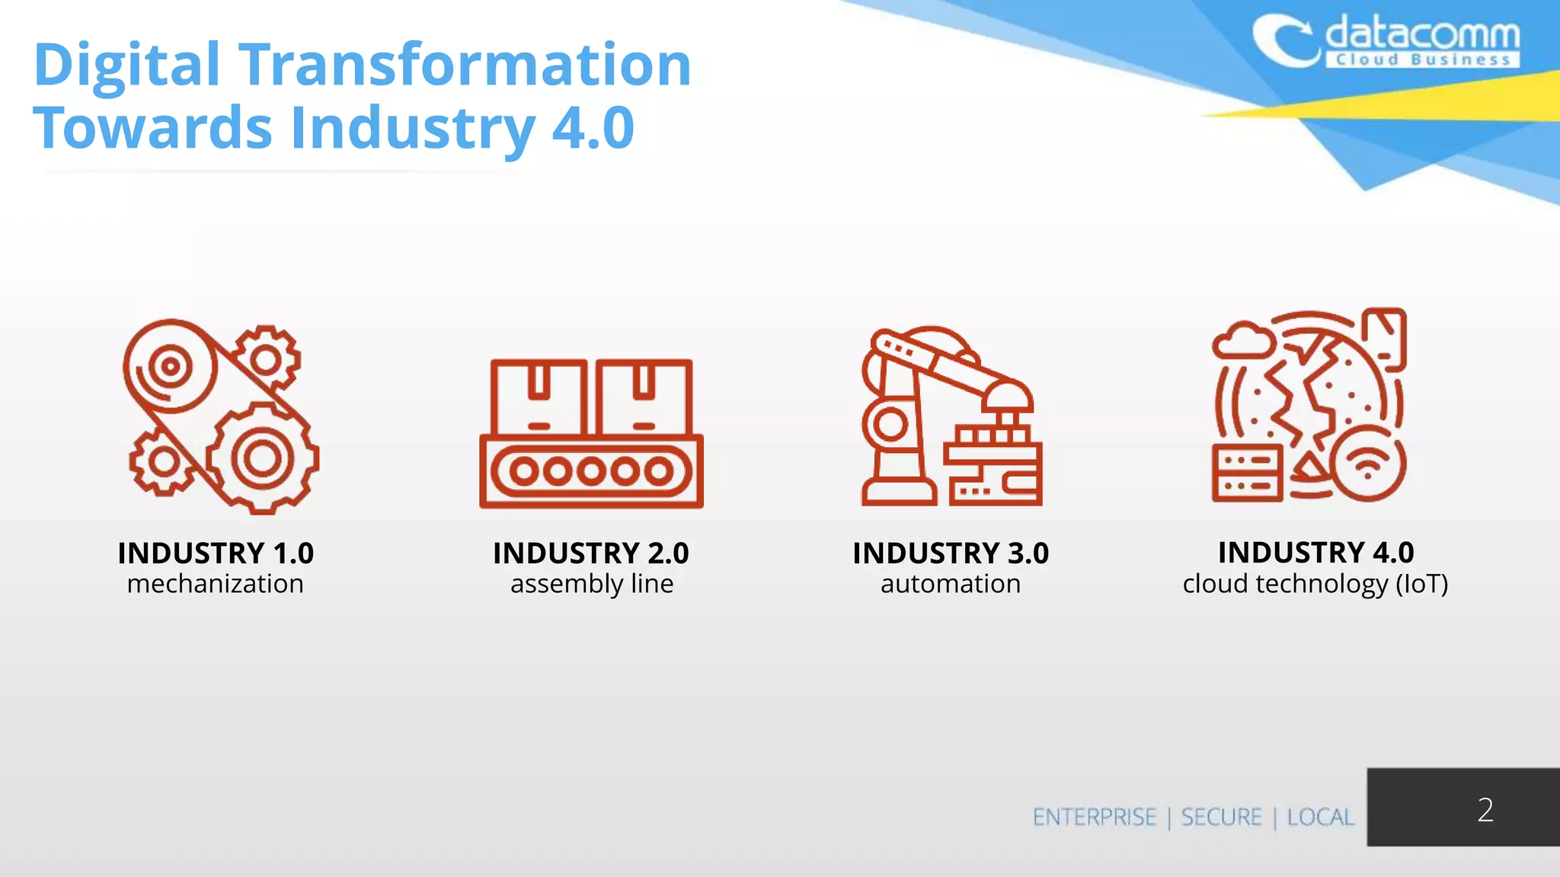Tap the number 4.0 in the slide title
click(593, 128)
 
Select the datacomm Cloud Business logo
click(1386, 43)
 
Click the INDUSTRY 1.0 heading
click(216, 553)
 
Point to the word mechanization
click(216, 584)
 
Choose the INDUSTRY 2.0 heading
click(591, 553)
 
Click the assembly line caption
click(592, 584)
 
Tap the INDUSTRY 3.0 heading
click(951, 553)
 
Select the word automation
click(951, 584)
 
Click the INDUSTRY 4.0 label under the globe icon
click(1315, 553)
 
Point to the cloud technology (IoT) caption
click(1315, 584)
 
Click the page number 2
click(1485, 809)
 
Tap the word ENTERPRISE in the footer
click(1094, 817)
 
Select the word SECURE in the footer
click(1221, 817)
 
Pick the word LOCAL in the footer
click(1320, 817)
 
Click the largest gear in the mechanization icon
click(262, 458)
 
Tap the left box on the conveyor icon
click(539, 397)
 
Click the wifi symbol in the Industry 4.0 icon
click(1367, 464)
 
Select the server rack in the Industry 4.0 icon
click(1247, 473)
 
